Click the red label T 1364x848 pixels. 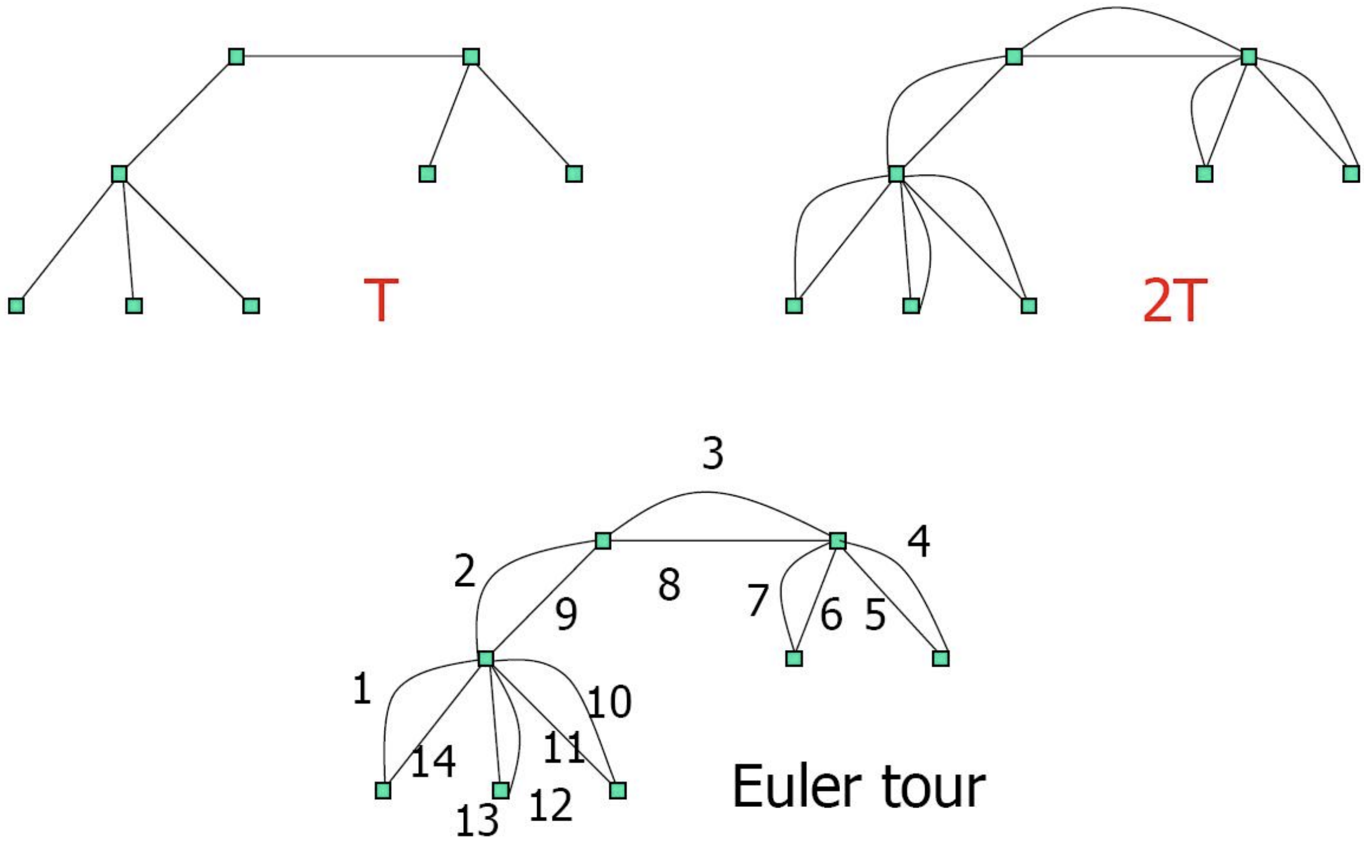[381, 300]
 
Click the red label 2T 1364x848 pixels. [1174, 300]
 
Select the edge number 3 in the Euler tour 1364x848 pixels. [713, 453]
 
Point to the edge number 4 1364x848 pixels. [919, 541]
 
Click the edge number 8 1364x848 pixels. [669, 584]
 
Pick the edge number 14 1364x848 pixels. [433, 762]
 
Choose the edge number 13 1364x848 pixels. [477, 821]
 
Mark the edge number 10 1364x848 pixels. [609, 702]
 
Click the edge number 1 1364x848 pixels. [362, 689]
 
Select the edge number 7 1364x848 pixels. [758, 599]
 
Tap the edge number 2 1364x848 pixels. [465, 571]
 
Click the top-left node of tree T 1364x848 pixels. [236, 57]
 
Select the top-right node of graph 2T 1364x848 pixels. [1249, 57]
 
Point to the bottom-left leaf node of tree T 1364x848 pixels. [16, 306]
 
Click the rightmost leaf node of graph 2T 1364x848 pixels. [1351, 174]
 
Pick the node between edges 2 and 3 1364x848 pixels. [603, 541]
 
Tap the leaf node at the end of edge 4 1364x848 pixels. [941, 658]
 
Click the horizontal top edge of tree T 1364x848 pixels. [354, 57]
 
